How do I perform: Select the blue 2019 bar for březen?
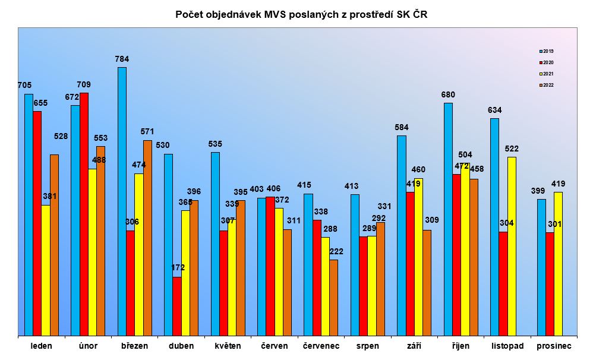point(122,201)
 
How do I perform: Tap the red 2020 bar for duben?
point(177,306)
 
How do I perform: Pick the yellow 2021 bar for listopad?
point(512,246)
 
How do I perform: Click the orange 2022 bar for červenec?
point(333,297)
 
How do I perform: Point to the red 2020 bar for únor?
point(84,214)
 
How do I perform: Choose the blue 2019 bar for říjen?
point(448,219)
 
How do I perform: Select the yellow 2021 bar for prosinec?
point(558,264)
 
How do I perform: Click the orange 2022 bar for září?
point(427,283)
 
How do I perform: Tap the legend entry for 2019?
point(547,51)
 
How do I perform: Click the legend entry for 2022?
point(547,85)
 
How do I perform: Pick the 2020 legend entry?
point(547,62)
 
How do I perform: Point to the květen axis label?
point(228,346)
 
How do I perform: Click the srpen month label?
point(367,346)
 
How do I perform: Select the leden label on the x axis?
point(41,346)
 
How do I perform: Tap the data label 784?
point(122,59)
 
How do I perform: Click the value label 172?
point(178,268)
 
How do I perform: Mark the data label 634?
point(494,110)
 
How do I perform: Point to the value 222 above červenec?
point(336,251)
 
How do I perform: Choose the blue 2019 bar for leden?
point(29,214)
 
